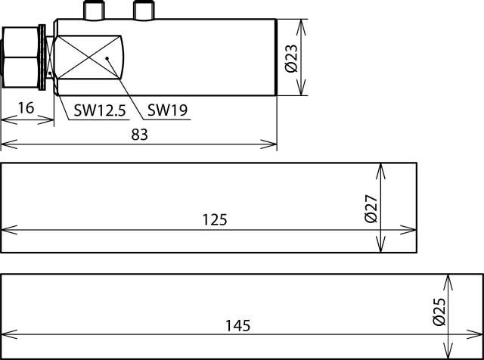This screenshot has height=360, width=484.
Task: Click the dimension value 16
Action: (26, 108)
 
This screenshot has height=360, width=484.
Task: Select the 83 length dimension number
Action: (139, 135)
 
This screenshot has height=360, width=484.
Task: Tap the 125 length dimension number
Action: (215, 219)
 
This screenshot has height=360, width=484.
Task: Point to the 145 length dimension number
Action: (237, 326)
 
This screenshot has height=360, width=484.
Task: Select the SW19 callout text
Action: (167, 110)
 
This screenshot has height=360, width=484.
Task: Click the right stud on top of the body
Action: (143, 10)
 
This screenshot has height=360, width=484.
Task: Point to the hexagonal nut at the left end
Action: (23, 58)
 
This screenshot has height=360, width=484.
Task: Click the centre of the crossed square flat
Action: (88, 57)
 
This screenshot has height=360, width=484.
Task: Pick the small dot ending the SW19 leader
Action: (108, 57)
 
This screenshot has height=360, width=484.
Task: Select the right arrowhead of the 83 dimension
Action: (272, 144)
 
